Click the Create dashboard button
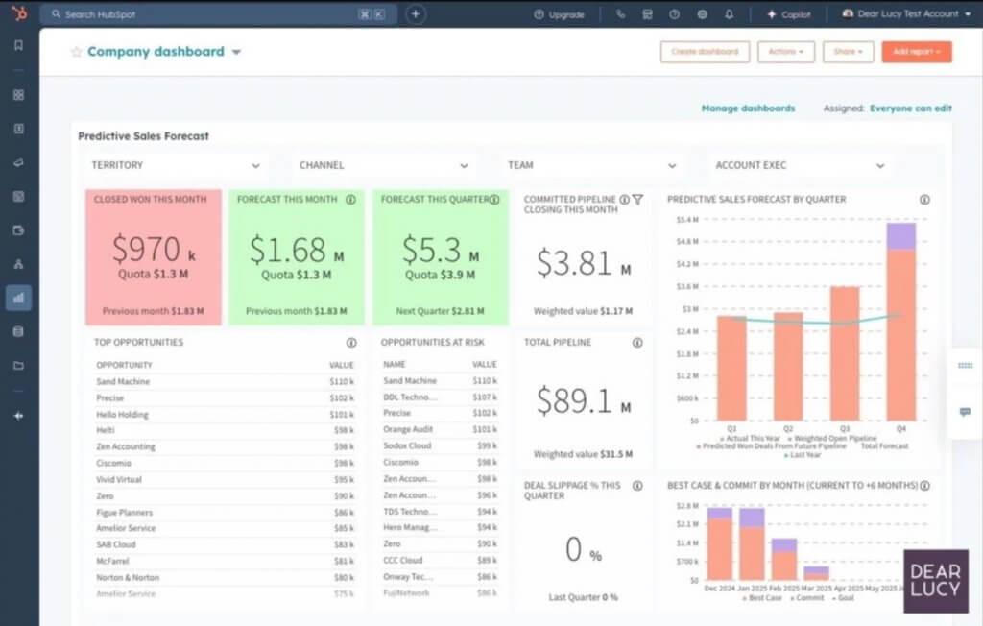coord(705,52)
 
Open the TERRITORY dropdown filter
coord(175,165)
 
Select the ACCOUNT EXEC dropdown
coord(799,165)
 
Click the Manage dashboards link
coord(748,108)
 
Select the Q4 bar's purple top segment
coord(900,236)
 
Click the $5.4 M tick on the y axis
coord(686,220)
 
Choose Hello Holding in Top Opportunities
coord(122,414)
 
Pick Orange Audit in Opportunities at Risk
coord(409,429)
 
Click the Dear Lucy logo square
coord(934,581)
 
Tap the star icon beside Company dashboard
coord(76,52)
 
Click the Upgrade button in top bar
coord(559,14)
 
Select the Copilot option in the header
coord(788,14)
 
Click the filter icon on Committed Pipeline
coord(637,200)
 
